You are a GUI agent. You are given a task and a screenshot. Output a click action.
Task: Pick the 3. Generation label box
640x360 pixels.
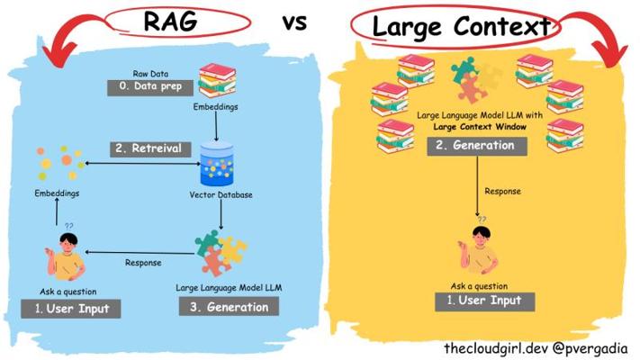coord(228,307)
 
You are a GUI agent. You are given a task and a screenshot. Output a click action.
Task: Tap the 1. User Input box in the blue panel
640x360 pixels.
coord(71,310)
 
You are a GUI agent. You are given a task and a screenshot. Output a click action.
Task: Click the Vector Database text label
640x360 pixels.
coord(221,195)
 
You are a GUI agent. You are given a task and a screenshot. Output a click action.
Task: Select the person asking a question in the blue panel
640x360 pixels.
coord(67,256)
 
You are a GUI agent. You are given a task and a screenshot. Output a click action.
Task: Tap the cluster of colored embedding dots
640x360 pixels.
coord(55,166)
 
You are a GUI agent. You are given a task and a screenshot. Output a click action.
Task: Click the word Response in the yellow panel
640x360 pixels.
coord(501,191)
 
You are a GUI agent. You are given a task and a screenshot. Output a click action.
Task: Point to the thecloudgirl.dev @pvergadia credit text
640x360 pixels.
coord(536,347)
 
